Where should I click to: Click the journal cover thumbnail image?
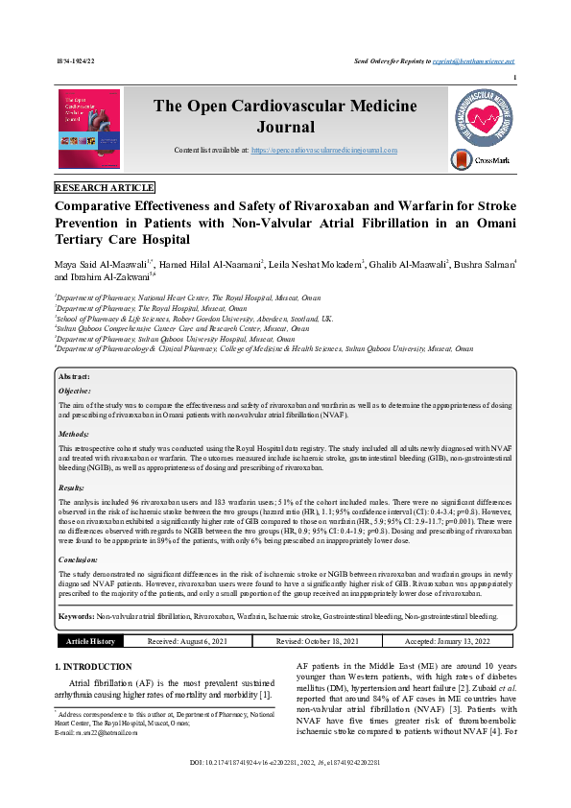(89, 130)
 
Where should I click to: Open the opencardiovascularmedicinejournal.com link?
(324, 152)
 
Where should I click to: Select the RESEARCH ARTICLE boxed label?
(105, 187)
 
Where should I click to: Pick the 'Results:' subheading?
(72, 487)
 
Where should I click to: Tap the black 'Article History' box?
(90, 641)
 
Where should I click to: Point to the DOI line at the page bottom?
(285, 788)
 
